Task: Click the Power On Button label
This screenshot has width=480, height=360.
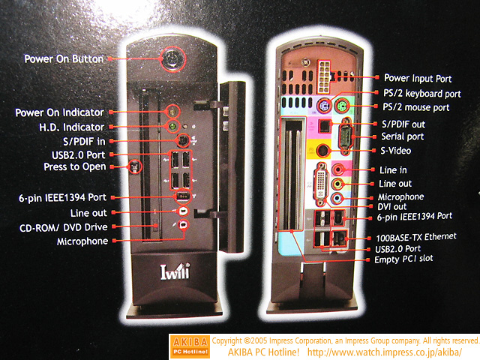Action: click(64, 58)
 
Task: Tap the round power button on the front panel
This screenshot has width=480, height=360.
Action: click(173, 58)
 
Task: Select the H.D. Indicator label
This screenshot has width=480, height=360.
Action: click(72, 127)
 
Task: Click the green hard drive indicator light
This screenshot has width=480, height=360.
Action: click(172, 125)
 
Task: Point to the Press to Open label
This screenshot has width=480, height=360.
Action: click(75, 166)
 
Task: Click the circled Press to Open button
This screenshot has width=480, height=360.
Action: click(135, 166)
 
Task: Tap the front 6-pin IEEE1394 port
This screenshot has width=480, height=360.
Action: click(183, 196)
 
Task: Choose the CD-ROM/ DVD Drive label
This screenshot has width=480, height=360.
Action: click(64, 227)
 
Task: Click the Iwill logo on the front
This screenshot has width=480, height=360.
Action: click(175, 271)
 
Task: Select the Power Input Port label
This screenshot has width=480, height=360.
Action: click(418, 78)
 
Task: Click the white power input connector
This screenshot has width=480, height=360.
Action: click(324, 76)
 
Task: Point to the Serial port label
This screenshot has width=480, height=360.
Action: click(403, 136)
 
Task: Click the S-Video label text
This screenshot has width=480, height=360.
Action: click(395, 151)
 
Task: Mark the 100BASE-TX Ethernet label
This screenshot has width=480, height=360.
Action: click(416, 237)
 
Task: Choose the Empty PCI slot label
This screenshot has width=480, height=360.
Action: click(403, 259)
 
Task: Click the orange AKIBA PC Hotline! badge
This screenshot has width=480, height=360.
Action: click(190, 346)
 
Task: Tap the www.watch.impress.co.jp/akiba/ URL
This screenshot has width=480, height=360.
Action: click(385, 352)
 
